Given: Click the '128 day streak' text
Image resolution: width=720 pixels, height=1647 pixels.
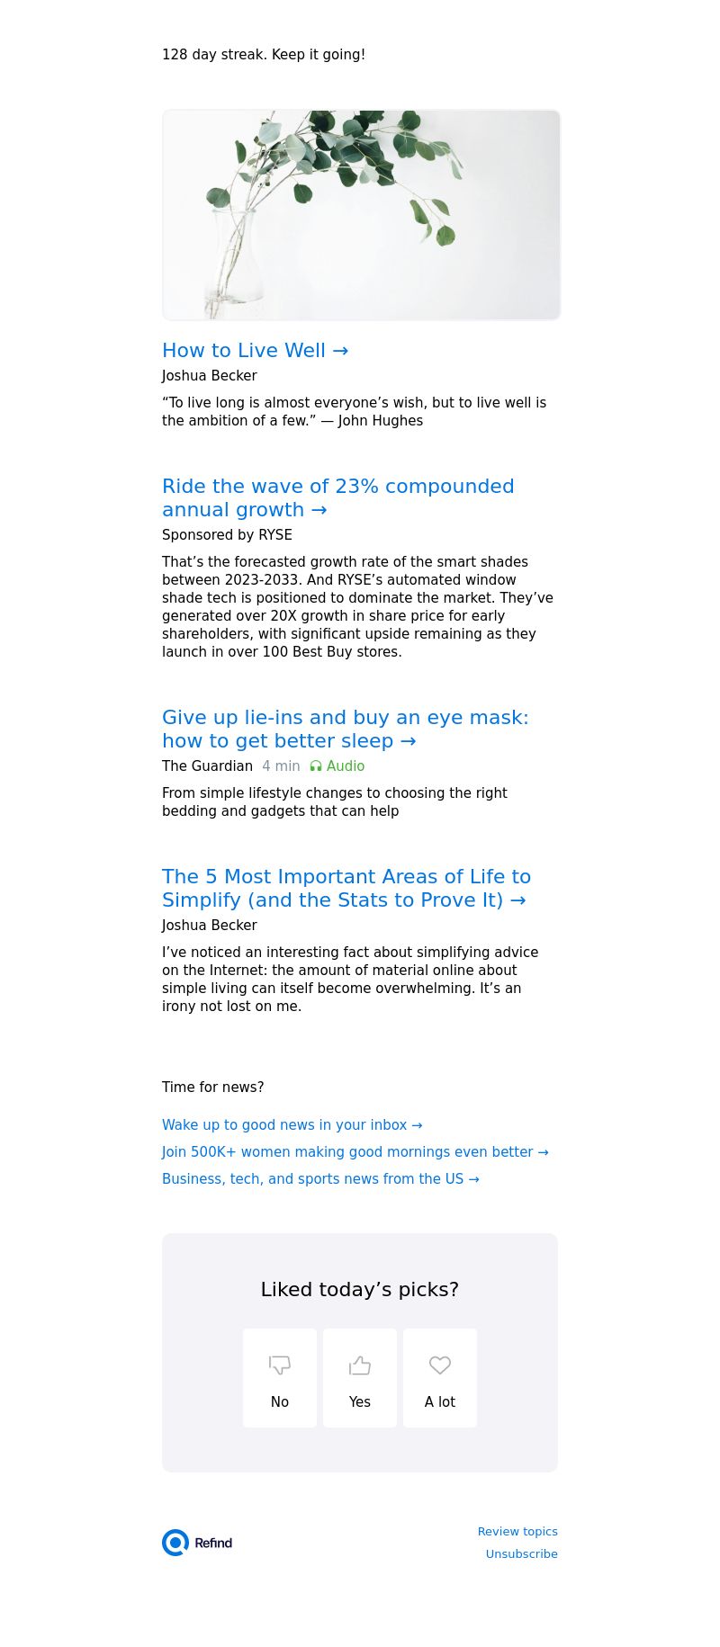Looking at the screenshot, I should click(263, 55).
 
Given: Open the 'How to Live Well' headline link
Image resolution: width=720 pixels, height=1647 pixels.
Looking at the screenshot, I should click(255, 351).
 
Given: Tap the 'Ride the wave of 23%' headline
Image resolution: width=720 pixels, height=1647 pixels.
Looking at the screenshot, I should click(337, 497).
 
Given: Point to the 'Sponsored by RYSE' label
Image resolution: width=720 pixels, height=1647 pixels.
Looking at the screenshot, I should click(227, 535).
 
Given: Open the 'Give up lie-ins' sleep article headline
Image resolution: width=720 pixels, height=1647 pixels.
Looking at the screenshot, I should click(345, 729).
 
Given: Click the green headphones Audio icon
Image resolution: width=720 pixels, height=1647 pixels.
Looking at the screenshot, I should click(316, 766).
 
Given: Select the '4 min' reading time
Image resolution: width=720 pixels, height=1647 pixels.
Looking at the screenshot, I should click(281, 766).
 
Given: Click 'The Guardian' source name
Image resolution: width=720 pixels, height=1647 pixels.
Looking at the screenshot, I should click(207, 766).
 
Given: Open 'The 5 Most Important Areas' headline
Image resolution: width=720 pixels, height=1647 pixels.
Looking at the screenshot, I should click(346, 888).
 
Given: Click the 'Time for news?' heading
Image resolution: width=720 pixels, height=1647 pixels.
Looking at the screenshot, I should click(212, 1088).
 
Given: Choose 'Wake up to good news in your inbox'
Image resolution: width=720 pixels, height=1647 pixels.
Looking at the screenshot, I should click(292, 1125).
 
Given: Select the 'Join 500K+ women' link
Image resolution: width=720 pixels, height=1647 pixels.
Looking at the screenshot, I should click(355, 1152).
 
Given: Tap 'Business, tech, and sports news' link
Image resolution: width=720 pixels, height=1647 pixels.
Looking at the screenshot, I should click(320, 1179).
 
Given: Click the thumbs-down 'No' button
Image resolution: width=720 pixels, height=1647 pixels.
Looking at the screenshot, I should click(280, 1378).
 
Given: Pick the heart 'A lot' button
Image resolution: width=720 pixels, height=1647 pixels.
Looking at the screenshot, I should click(440, 1378).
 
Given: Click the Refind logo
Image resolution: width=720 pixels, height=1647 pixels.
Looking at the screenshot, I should click(197, 1543).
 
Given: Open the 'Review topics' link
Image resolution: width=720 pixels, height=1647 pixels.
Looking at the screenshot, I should click(517, 1532).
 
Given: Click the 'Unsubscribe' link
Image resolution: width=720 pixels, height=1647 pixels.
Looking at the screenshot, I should click(521, 1554).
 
